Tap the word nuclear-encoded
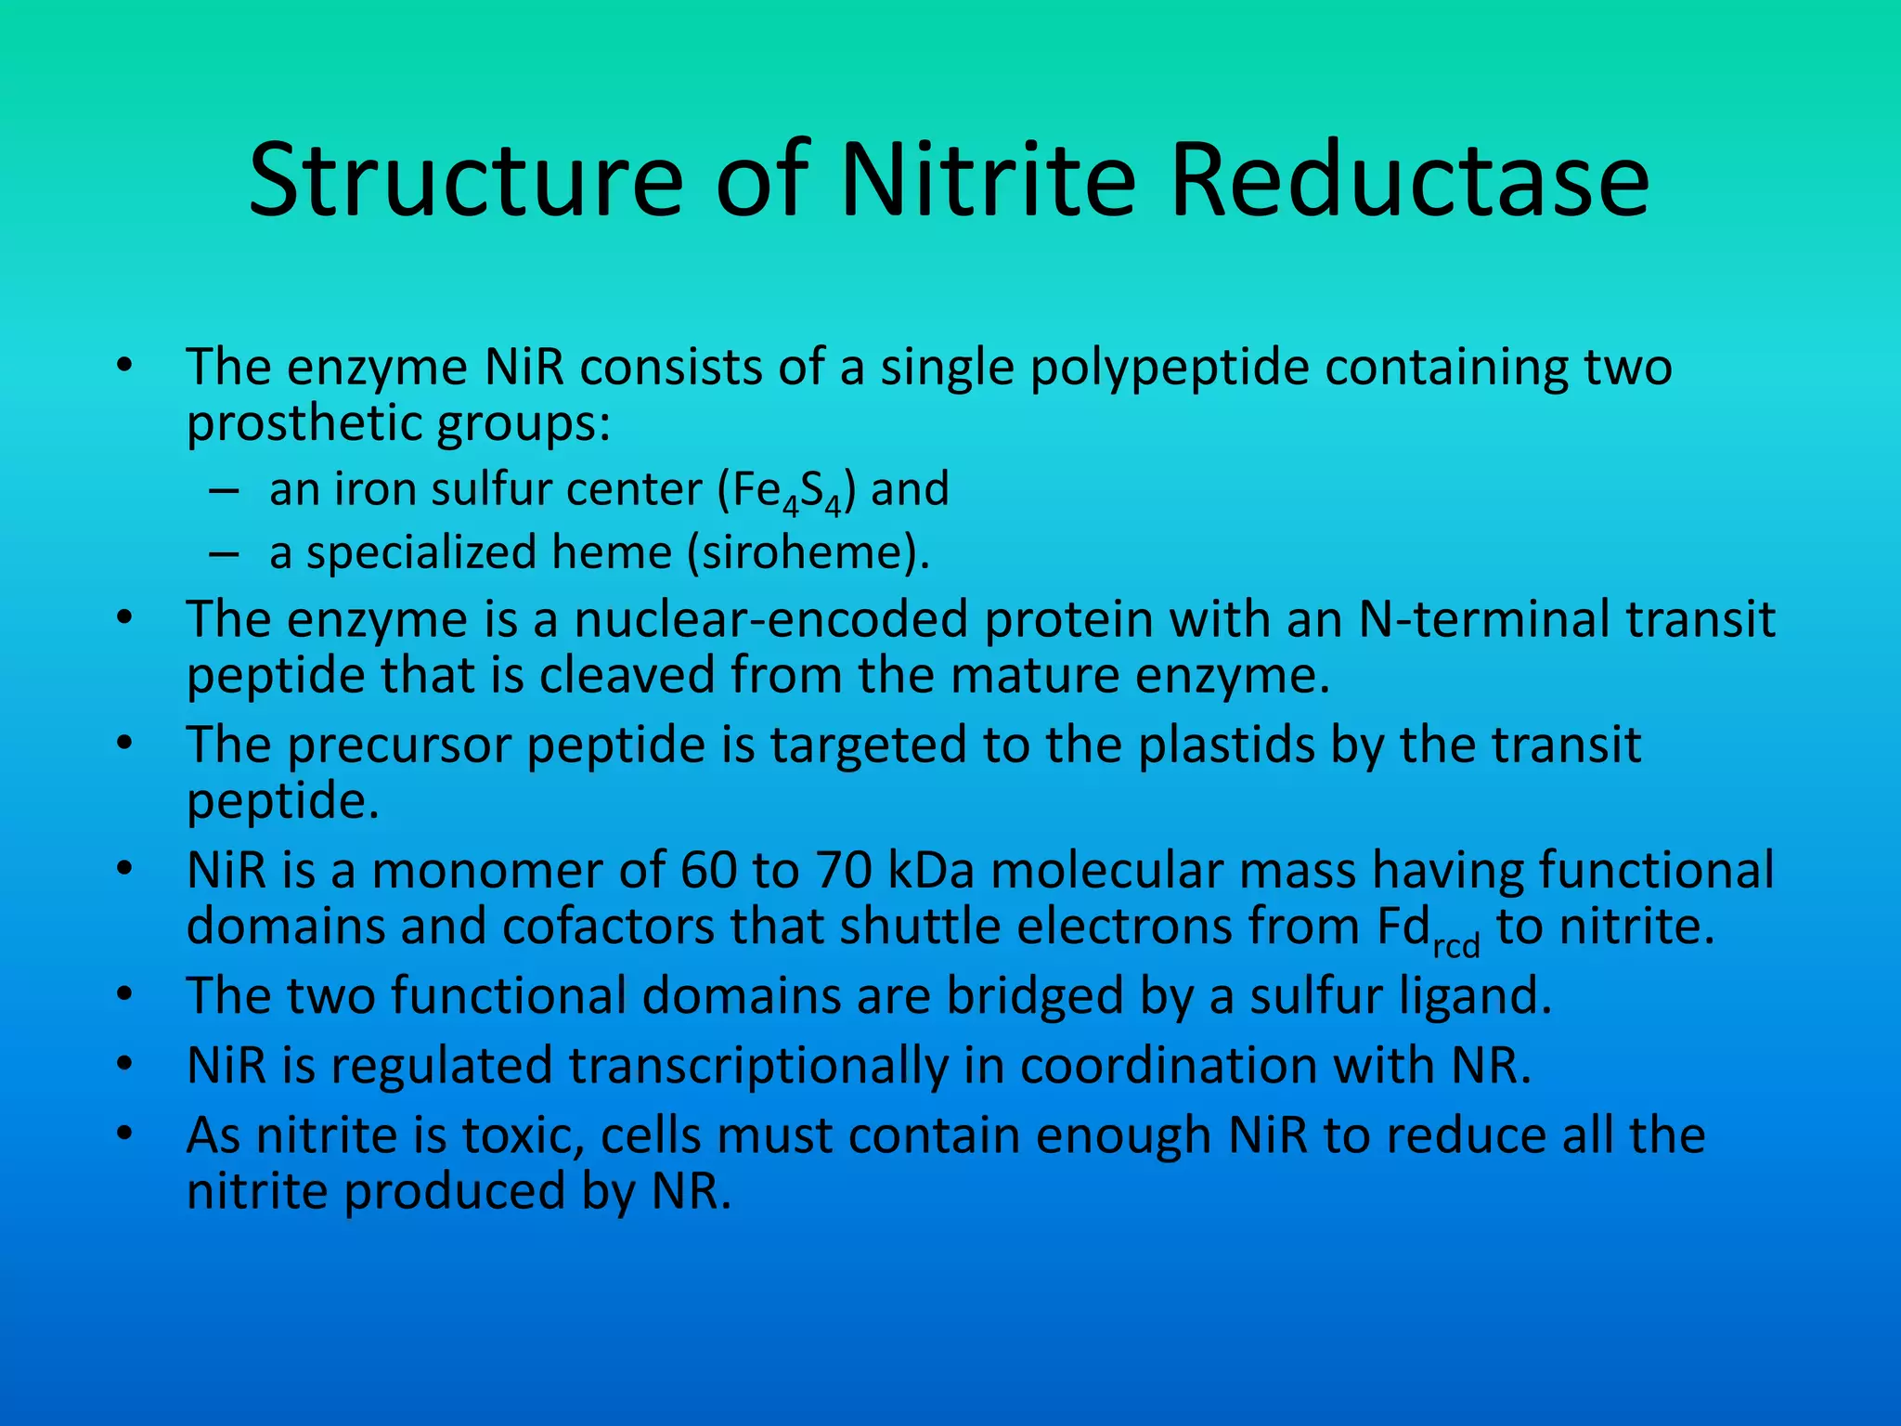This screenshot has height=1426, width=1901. tap(770, 619)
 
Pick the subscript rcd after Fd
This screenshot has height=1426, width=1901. tap(1456, 947)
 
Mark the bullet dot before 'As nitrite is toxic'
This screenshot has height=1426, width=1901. tap(125, 1134)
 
